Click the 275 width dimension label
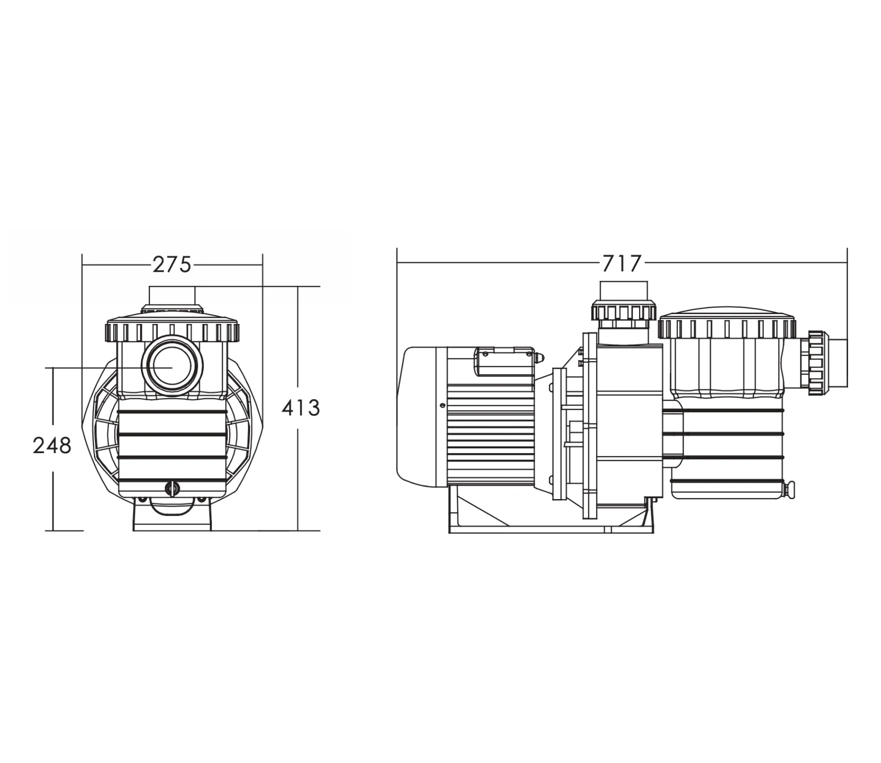[x=172, y=265]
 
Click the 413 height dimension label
[x=301, y=408]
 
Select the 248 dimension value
[x=52, y=446]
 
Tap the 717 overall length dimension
[x=621, y=264]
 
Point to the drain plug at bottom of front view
[x=172, y=488]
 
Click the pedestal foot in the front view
[x=172, y=516]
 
